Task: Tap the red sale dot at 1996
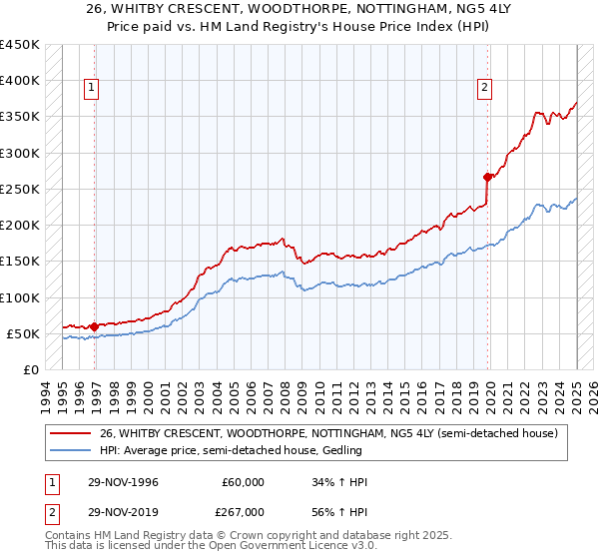(x=95, y=326)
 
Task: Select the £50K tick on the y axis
(x=24, y=333)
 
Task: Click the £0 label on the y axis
(x=31, y=369)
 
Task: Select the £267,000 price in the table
(x=242, y=511)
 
